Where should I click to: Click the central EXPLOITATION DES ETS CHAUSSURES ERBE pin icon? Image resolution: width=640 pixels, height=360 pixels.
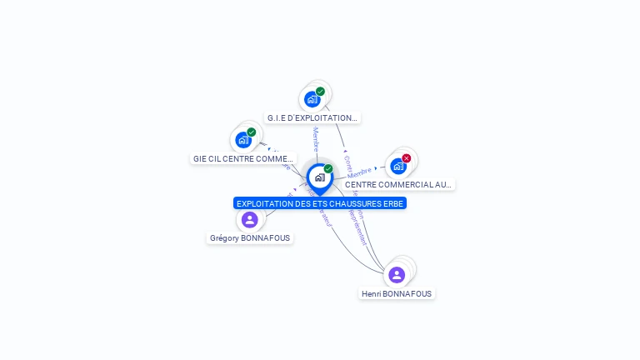tap(319, 177)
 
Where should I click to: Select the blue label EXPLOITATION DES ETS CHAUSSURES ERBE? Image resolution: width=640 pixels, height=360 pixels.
tap(320, 203)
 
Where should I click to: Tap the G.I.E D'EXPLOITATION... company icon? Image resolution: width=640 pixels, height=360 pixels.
tap(312, 99)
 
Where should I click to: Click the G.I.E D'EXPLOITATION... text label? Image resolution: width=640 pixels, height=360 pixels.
tap(312, 118)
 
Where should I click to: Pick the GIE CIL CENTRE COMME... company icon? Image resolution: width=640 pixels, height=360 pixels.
tap(242, 140)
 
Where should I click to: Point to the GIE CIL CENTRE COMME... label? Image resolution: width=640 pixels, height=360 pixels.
tap(242, 158)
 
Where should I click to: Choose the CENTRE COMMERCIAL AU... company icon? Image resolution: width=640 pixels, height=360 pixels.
tap(397, 166)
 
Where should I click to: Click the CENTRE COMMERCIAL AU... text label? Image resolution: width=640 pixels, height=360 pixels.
tap(398, 184)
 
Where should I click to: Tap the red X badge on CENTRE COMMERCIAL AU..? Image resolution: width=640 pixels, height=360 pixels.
tap(407, 158)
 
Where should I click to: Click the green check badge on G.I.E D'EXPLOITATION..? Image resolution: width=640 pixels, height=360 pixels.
tap(321, 92)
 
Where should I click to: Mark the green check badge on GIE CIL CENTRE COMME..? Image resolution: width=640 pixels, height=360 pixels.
tap(252, 132)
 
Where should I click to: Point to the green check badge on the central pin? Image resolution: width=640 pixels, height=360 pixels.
tap(328, 169)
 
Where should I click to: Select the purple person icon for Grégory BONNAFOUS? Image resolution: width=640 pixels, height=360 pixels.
tap(249, 220)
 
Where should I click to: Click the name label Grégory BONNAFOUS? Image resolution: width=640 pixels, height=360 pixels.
tap(250, 237)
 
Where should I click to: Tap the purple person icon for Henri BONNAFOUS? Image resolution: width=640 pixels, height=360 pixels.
tap(397, 274)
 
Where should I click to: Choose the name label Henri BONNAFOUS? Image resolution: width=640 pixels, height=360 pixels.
tap(397, 293)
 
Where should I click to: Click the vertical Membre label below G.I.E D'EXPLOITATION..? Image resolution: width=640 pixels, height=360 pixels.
tap(316, 139)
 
